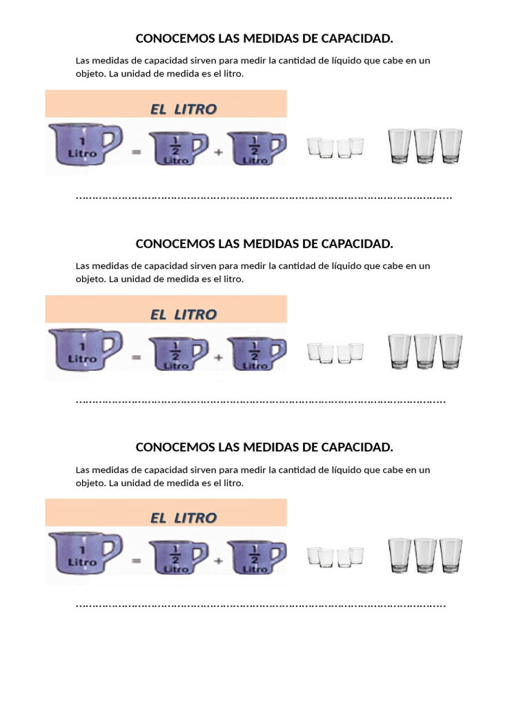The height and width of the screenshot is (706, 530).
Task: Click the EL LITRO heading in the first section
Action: point(184,109)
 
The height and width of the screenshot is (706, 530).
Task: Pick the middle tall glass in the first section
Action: point(425,145)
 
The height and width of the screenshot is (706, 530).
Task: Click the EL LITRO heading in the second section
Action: point(184,314)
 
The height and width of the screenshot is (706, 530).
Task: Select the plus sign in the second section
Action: point(219,358)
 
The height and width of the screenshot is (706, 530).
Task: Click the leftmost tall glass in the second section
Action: point(400,351)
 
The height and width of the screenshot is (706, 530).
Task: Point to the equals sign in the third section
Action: point(136,561)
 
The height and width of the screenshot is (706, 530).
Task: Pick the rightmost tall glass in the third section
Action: point(451,555)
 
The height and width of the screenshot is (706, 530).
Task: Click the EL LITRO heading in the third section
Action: point(184,518)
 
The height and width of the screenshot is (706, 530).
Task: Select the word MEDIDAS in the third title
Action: point(264,447)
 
